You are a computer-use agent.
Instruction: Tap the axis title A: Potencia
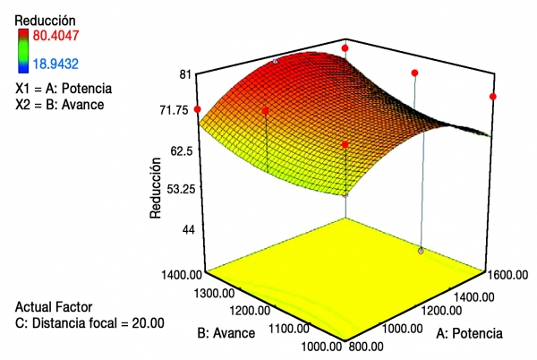469,333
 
